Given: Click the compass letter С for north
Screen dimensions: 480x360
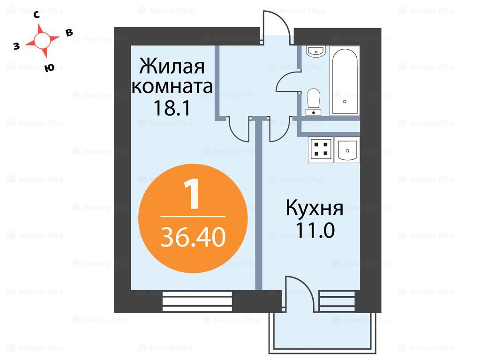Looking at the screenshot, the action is pos(37,15).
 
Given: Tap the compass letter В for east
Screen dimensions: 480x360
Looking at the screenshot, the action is pos(69,33).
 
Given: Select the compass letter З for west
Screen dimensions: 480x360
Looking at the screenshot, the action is pos(16,46).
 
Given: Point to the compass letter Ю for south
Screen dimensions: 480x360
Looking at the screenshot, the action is pos(49,68).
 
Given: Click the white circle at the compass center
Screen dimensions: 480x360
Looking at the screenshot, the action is pos(42,40).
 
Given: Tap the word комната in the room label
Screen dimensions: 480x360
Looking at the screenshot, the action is pos(172,86).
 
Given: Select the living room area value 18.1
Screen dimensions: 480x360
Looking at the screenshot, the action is pos(172,108).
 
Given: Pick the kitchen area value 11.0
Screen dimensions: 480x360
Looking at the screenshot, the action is pos(315,230).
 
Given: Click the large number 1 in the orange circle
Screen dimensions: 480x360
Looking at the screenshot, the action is pos(192,195).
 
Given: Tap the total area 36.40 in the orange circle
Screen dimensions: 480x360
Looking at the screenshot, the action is pos(193,237).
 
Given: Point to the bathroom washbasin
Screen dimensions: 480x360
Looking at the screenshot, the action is pos(316,52).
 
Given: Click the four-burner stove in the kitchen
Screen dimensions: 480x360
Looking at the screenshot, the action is pos(321,150).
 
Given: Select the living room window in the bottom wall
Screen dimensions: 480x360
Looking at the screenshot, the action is pos(197,301).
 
